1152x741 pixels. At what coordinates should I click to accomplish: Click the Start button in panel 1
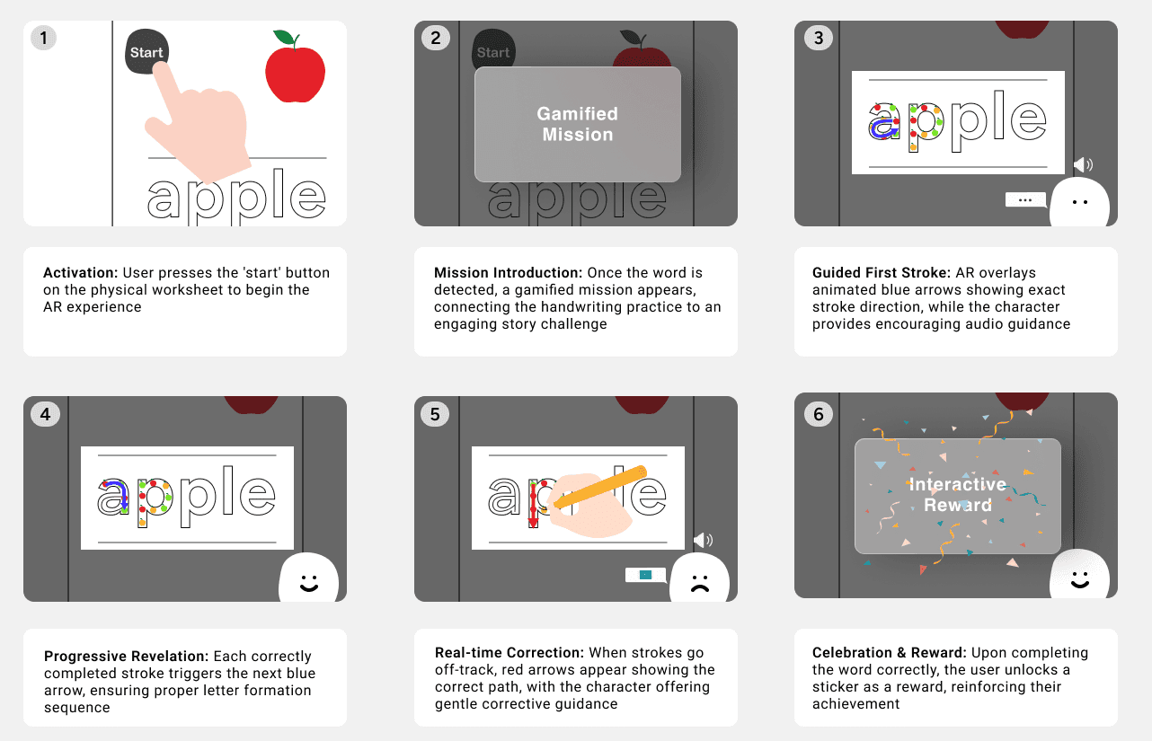click(146, 51)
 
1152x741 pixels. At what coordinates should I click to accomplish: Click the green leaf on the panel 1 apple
click(284, 37)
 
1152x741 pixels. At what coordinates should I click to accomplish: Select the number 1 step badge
click(44, 38)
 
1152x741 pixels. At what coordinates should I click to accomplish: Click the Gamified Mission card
click(578, 124)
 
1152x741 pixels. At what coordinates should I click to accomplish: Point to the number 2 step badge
click(436, 38)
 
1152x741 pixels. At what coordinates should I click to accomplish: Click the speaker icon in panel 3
click(1083, 164)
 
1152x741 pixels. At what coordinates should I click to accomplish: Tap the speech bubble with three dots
click(1025, 200)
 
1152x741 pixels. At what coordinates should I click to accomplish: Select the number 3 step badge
click(819, 38)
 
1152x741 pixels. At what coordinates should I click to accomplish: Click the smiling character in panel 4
click(308, 578)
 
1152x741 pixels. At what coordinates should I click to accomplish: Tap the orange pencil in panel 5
click(600, 487)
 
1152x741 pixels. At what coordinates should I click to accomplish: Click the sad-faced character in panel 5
click(699, 578)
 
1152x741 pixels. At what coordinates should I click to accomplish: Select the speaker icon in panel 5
click(703, 540)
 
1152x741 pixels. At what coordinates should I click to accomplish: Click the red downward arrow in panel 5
click(533, 505)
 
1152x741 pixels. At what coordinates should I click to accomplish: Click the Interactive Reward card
click(958, 496)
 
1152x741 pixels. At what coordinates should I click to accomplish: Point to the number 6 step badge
click(819, 414)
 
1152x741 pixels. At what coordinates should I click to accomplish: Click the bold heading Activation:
click(81, 272)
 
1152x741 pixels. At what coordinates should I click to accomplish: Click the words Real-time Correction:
click(510, 653)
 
